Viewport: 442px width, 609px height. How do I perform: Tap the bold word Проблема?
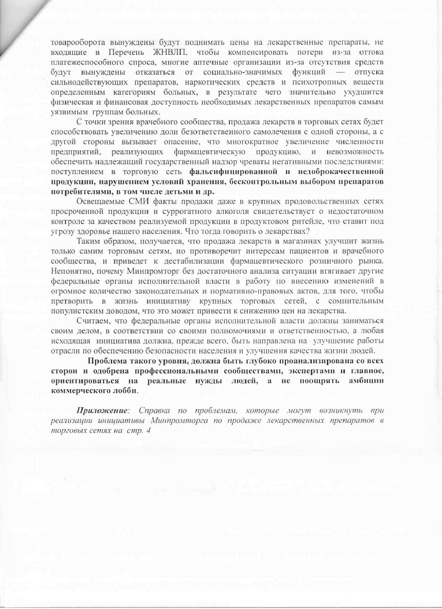click(x=114, y=361)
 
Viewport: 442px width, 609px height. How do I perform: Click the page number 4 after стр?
click(x=148, y=431)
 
